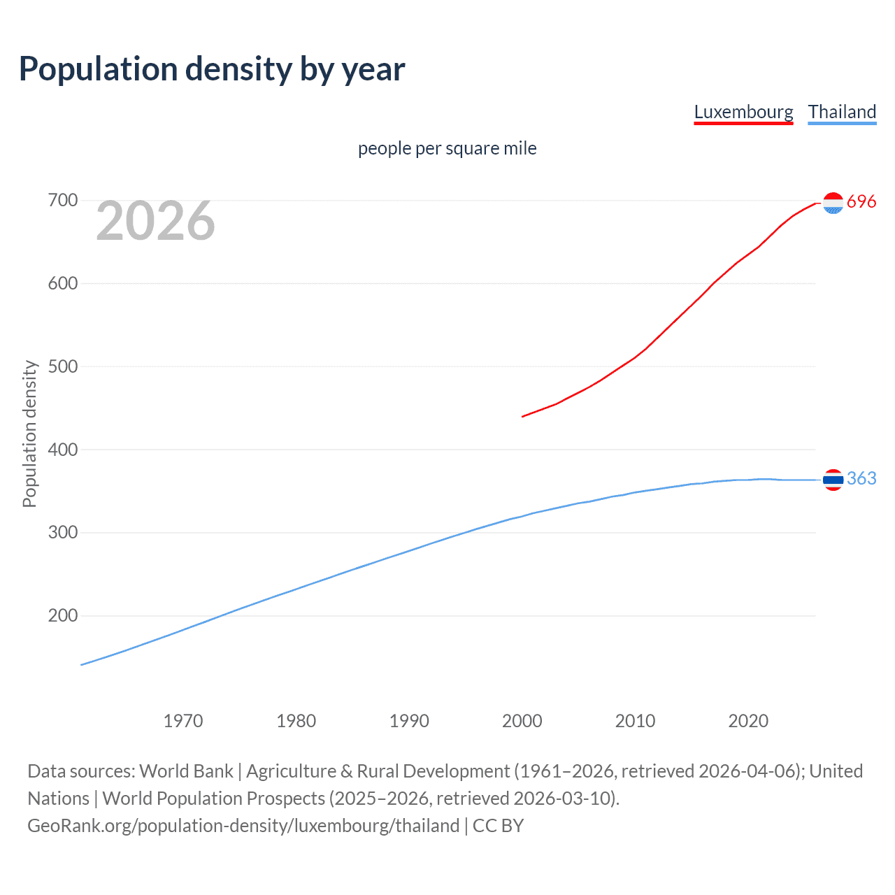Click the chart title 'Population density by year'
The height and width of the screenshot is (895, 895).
coord(212,69)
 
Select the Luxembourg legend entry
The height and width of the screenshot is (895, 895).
coord(743,112)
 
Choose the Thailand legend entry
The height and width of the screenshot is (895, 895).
coord(842,112)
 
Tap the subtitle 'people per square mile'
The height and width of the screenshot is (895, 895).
coord(447,149)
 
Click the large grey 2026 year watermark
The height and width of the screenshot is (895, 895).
coord(155,221)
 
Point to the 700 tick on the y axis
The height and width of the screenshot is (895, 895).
coord(63,201)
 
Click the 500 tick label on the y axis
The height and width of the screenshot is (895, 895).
coord(63,366)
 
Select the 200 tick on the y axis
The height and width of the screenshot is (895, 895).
coord(63,616)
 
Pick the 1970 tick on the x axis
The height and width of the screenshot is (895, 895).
coord(183,721)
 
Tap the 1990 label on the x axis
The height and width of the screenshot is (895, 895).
coord(409,721)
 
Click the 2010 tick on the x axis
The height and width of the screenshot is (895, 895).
coord(635,721)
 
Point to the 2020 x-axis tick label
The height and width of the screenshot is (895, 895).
coord(748,721)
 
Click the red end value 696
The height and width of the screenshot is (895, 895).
coord(861,202)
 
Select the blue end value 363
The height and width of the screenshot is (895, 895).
coord(861,478)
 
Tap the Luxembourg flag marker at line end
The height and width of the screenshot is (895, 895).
coord(833,203)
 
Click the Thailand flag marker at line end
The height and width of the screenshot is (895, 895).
coord(833,480)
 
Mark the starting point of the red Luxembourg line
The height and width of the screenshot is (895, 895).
coord(522,417)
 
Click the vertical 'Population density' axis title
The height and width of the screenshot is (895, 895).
coord(29,434)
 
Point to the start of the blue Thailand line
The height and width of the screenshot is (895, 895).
coord(82,665)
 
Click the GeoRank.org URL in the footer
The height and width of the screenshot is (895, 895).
coord(243,826)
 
